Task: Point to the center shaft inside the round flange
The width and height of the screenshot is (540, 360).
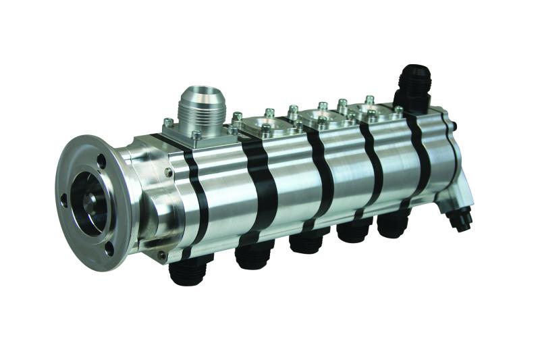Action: pos(91,199)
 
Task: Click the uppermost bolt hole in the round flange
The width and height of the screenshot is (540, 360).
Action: pos(101,162)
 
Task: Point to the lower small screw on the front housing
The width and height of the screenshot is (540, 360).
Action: pos(162,255)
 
